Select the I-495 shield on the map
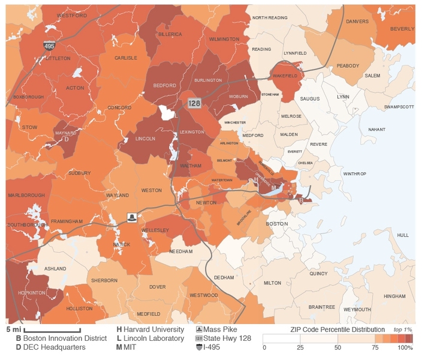pos(50,46)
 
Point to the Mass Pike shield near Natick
pos(131,216)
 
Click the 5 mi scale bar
pos(52,330)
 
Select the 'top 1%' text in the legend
pos(402,330)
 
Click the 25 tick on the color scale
pos(300,347)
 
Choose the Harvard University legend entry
pos(150,329)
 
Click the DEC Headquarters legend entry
pos(50,347)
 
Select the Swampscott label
pos(399,107)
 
